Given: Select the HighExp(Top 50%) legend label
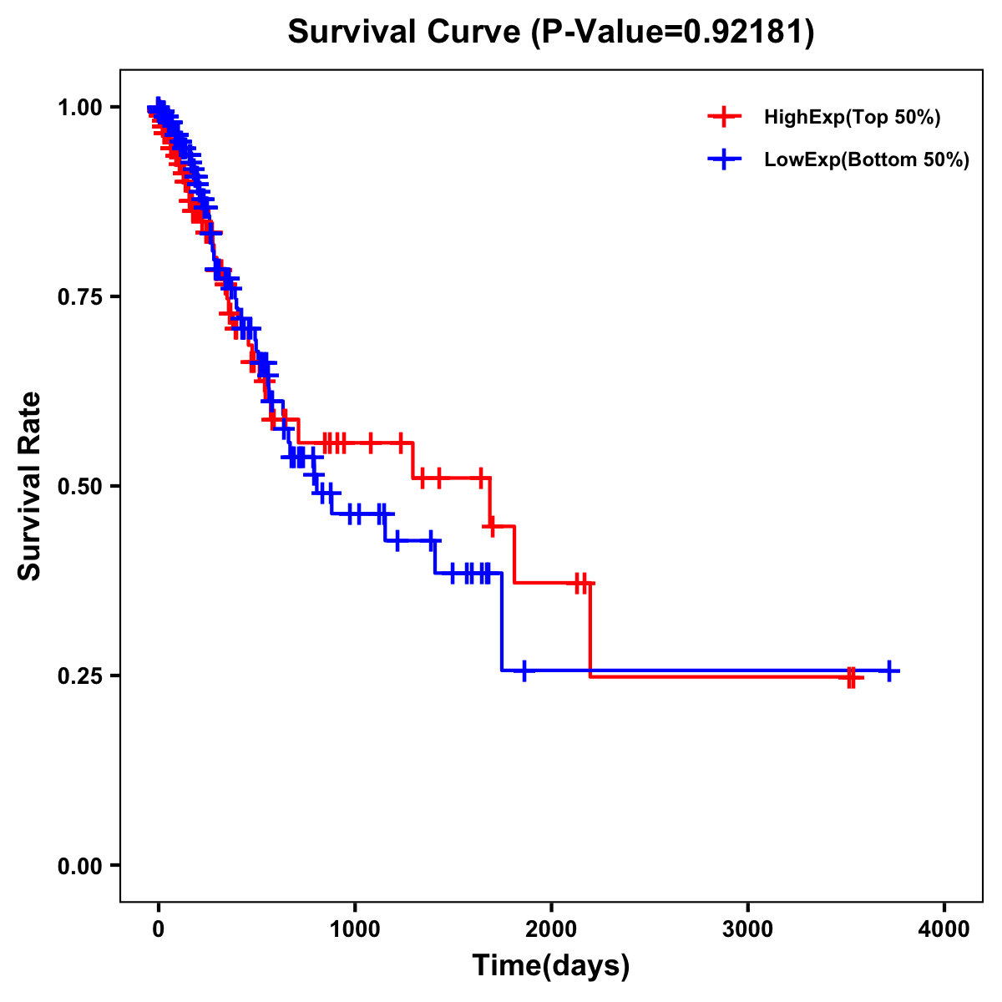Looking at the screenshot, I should point(853,118).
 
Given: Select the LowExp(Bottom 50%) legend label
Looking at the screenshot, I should point(867,160).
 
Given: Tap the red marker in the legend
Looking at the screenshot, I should point(724,118).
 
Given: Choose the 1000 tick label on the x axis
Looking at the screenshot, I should point(355,929).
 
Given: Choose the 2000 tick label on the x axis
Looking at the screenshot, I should point(551,929).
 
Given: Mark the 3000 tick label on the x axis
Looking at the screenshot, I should point(747,929).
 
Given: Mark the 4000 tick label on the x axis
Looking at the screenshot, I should point(944,929).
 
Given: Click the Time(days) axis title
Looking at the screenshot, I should point(551,966).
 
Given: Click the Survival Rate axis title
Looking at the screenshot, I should point(30,486).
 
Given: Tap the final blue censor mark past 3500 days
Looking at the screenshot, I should point(890,671).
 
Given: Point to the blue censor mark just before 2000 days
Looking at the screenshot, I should point(524,671).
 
